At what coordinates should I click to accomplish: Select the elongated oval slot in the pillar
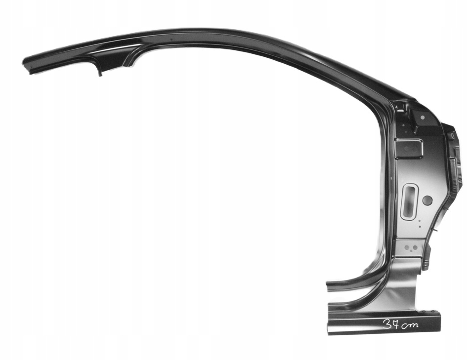click(409, 201)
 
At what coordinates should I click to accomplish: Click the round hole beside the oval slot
click(427, 200)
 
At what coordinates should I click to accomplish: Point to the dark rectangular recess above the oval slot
click(408, 148)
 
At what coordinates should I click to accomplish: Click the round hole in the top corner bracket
click(422, 117)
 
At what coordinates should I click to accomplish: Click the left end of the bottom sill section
click(330, 323)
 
